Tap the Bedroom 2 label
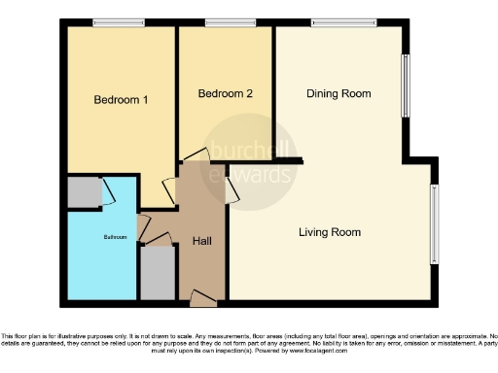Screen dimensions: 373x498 [226, 94]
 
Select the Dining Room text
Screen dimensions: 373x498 [338, 94]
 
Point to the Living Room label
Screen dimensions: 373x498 [330, 232]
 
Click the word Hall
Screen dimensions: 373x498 [203, 241]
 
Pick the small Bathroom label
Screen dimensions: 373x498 [115, 236]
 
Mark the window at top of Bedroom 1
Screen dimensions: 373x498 [119, 22]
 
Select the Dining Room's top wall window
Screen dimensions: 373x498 [343, 22]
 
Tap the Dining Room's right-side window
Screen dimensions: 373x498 [407, 86]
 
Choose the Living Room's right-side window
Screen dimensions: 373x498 [434, 223]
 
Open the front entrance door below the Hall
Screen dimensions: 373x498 [203, 298]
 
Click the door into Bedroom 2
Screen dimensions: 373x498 [195, 155]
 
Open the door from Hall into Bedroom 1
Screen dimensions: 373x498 [168, 190]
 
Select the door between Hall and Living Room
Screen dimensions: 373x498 [232, 190]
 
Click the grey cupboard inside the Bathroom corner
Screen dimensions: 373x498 [85, 192]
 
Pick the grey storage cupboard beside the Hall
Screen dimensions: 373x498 [157, 273]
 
